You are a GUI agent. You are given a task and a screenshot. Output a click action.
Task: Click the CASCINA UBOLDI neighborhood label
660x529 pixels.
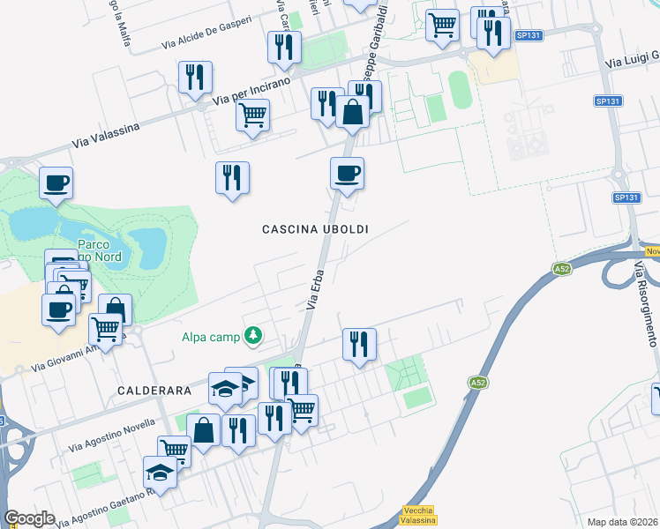[x=315, y=229]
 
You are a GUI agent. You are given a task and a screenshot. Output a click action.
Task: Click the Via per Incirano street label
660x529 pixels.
[x=251, y=92]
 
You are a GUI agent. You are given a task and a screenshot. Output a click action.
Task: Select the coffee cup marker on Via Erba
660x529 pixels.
[x=347, y=172]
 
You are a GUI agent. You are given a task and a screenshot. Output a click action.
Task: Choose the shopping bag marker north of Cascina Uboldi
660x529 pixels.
[x=352, y=112]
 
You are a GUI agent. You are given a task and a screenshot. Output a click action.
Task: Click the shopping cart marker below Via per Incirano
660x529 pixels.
[x=253, y=115]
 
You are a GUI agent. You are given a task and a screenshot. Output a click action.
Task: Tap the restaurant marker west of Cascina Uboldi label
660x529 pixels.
[x=233, y=177]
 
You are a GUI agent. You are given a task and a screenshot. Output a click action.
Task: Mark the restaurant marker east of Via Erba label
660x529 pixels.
[x=359, y=344]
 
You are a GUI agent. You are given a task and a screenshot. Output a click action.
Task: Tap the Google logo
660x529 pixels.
[x=30, y=518]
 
